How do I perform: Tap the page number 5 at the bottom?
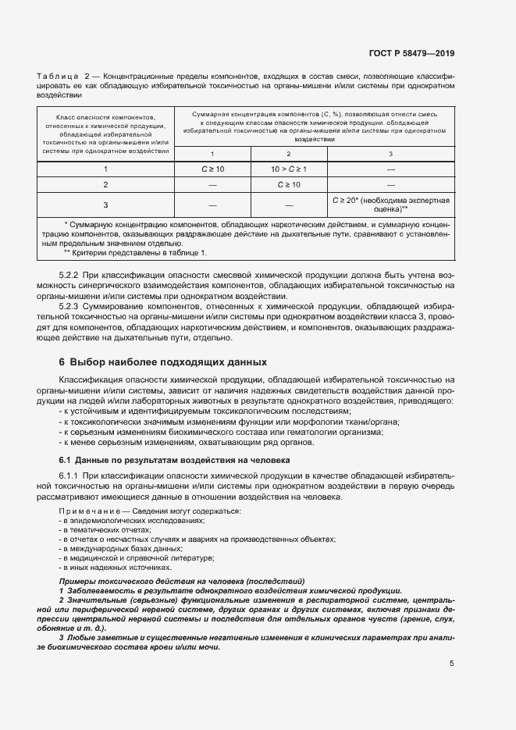point(452,664)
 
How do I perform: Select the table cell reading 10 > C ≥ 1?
point(289,169)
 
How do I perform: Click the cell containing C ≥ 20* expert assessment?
point(390,205)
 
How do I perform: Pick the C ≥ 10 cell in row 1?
point(213,169)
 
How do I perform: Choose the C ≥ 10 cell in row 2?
point(289,184)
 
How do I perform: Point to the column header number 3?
point(390,153)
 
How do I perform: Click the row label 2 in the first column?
point(105,184)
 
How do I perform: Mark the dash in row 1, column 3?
point(390,169)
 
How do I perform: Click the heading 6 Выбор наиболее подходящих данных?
point(163,362)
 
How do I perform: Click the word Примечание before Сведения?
point(86,511)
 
